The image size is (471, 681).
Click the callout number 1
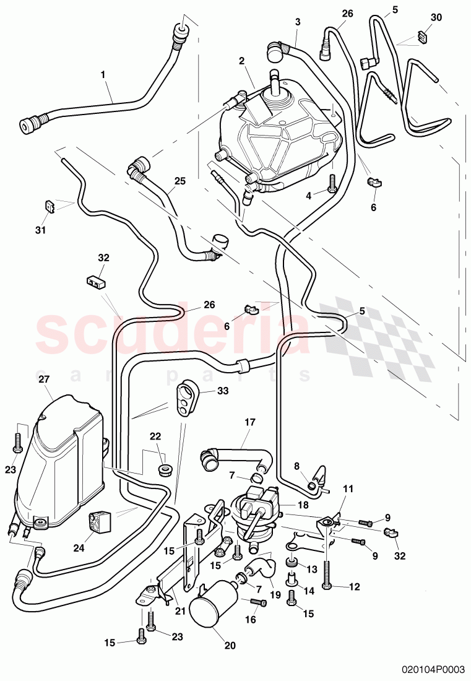[103, 75]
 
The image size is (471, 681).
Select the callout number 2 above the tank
[242, 61]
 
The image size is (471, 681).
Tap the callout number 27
[44, 379]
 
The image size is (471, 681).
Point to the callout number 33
[223, 391]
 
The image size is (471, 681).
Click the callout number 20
[230, 646]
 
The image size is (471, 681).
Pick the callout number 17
[250, 422]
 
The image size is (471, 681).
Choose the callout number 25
[179, 181]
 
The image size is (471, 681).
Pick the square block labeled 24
[99, 521]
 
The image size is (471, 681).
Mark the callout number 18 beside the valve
[303, 505]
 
